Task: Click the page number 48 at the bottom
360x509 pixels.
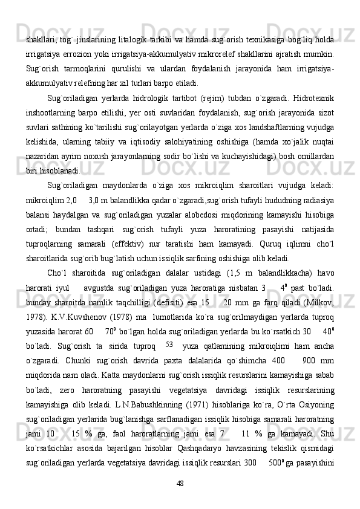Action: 180,482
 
